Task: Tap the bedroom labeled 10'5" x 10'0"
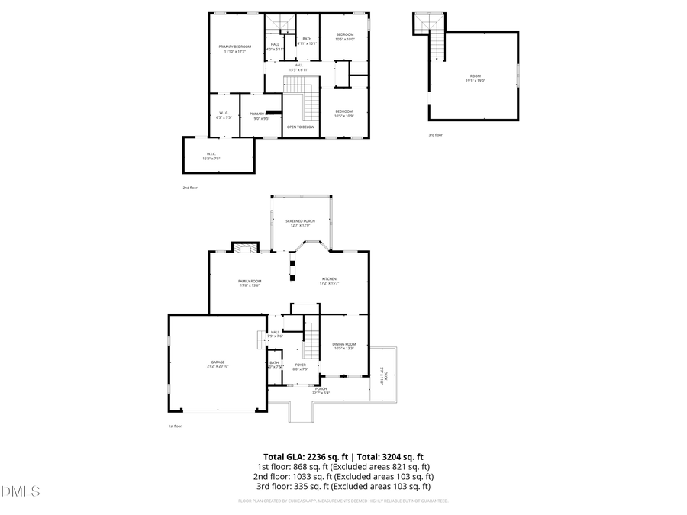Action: pos(345,37)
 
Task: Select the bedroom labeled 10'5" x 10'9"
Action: pos(344,114)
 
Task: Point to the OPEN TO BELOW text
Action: pos(301,127)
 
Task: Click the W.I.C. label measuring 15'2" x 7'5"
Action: pos(211,156)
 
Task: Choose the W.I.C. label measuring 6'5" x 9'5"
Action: pos(224,116)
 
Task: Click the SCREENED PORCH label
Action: pos(300,223)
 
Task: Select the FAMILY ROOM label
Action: pos(250,283)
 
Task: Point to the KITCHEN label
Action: pos(329,281)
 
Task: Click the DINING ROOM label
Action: pos(344,346)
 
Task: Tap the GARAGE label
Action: pos(218,364)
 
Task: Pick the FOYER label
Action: pos(301,367)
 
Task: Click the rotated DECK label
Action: pos(383,374)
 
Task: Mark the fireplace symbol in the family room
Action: pos(245,248)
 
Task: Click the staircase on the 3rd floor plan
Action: pos(436,42)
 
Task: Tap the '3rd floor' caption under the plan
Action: pos(435,135)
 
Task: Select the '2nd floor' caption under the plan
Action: pos(189,187)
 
